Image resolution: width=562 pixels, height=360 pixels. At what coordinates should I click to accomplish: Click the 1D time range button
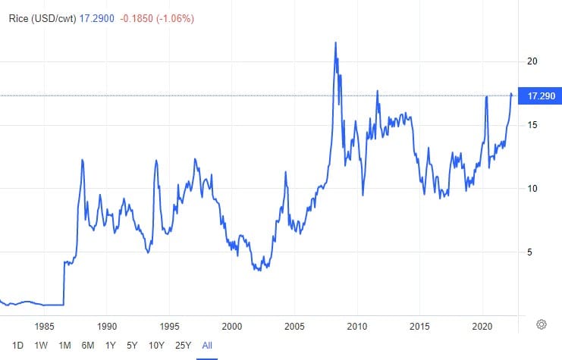(17, 345)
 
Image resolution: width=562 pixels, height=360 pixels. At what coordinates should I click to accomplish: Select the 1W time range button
(41, 345)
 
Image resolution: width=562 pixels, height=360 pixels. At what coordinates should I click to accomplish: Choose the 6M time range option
(88, 345)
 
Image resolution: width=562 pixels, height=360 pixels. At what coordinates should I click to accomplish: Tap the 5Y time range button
(132, 345)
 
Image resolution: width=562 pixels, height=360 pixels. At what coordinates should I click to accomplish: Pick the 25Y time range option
(183, 345)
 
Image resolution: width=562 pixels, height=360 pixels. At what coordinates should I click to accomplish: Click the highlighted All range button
(206, 345)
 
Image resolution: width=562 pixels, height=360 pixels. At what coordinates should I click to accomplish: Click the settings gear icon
(542, 324)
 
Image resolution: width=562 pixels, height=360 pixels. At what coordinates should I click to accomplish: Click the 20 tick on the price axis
(532, 61)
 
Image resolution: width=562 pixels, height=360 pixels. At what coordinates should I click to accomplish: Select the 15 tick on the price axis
(532, 125)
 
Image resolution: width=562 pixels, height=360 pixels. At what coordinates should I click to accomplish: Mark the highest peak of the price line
(335, 42)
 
